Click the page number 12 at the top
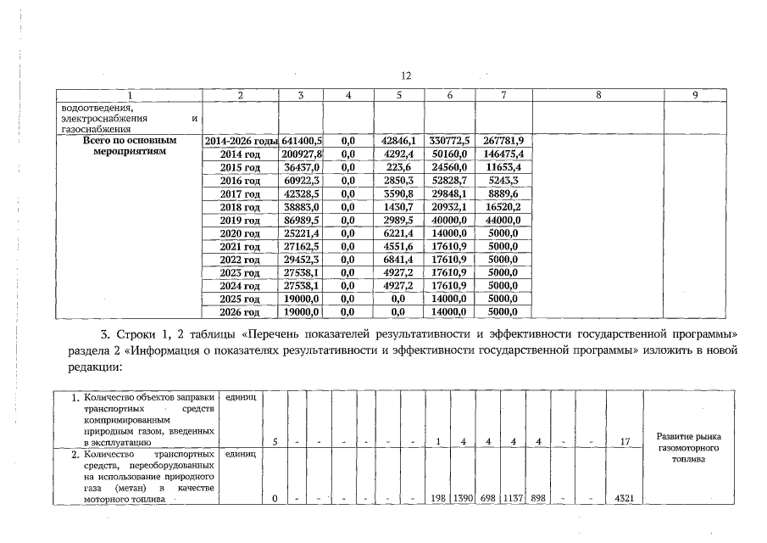click(x=406, y=76)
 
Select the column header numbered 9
click(x=694, y=95)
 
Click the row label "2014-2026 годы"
click(x=242, y=141)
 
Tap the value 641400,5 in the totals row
click(x=303, y=141)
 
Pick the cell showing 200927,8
click(x=303, y=154)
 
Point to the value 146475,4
click(x=503, y=154)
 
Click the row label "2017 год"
click(x=240, y=193)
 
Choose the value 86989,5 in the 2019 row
click(x=303, y=220)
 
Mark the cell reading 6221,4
click(x=397, y=233)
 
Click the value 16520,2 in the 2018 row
click(x=503, y=207)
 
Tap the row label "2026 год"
click(x=240, y=312)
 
